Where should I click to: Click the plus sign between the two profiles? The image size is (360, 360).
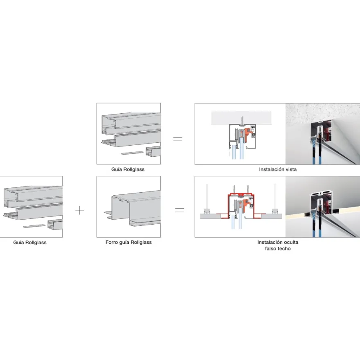tap(80, 210)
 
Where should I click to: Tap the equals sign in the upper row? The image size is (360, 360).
tap(178, 139)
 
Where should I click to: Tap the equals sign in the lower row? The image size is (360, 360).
tap(180, 210)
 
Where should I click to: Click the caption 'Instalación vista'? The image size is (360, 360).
tap(278, 169)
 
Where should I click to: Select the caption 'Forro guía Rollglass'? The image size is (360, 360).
tap(128, 243)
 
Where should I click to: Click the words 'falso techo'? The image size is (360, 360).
tap(278, 249)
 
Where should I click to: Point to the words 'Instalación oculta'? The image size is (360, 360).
tap(278, 242)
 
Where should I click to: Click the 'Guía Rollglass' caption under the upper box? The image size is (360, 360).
tap(128, 169)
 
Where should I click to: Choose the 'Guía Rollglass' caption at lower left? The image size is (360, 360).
tap(30, 243)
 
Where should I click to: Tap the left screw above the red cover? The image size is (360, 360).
tap(234, 190)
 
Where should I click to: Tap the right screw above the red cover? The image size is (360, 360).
tap(248, 190)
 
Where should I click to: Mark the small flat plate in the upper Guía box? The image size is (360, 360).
tap(132, 153)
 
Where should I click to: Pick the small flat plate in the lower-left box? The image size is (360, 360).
tap(34, 226)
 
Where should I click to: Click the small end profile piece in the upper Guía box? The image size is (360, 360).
tap(153, 151)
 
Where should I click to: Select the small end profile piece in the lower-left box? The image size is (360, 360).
tap(55, 224)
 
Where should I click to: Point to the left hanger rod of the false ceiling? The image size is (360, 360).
tap(207, 196)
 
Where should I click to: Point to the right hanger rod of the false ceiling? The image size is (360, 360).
tap(275, 196)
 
